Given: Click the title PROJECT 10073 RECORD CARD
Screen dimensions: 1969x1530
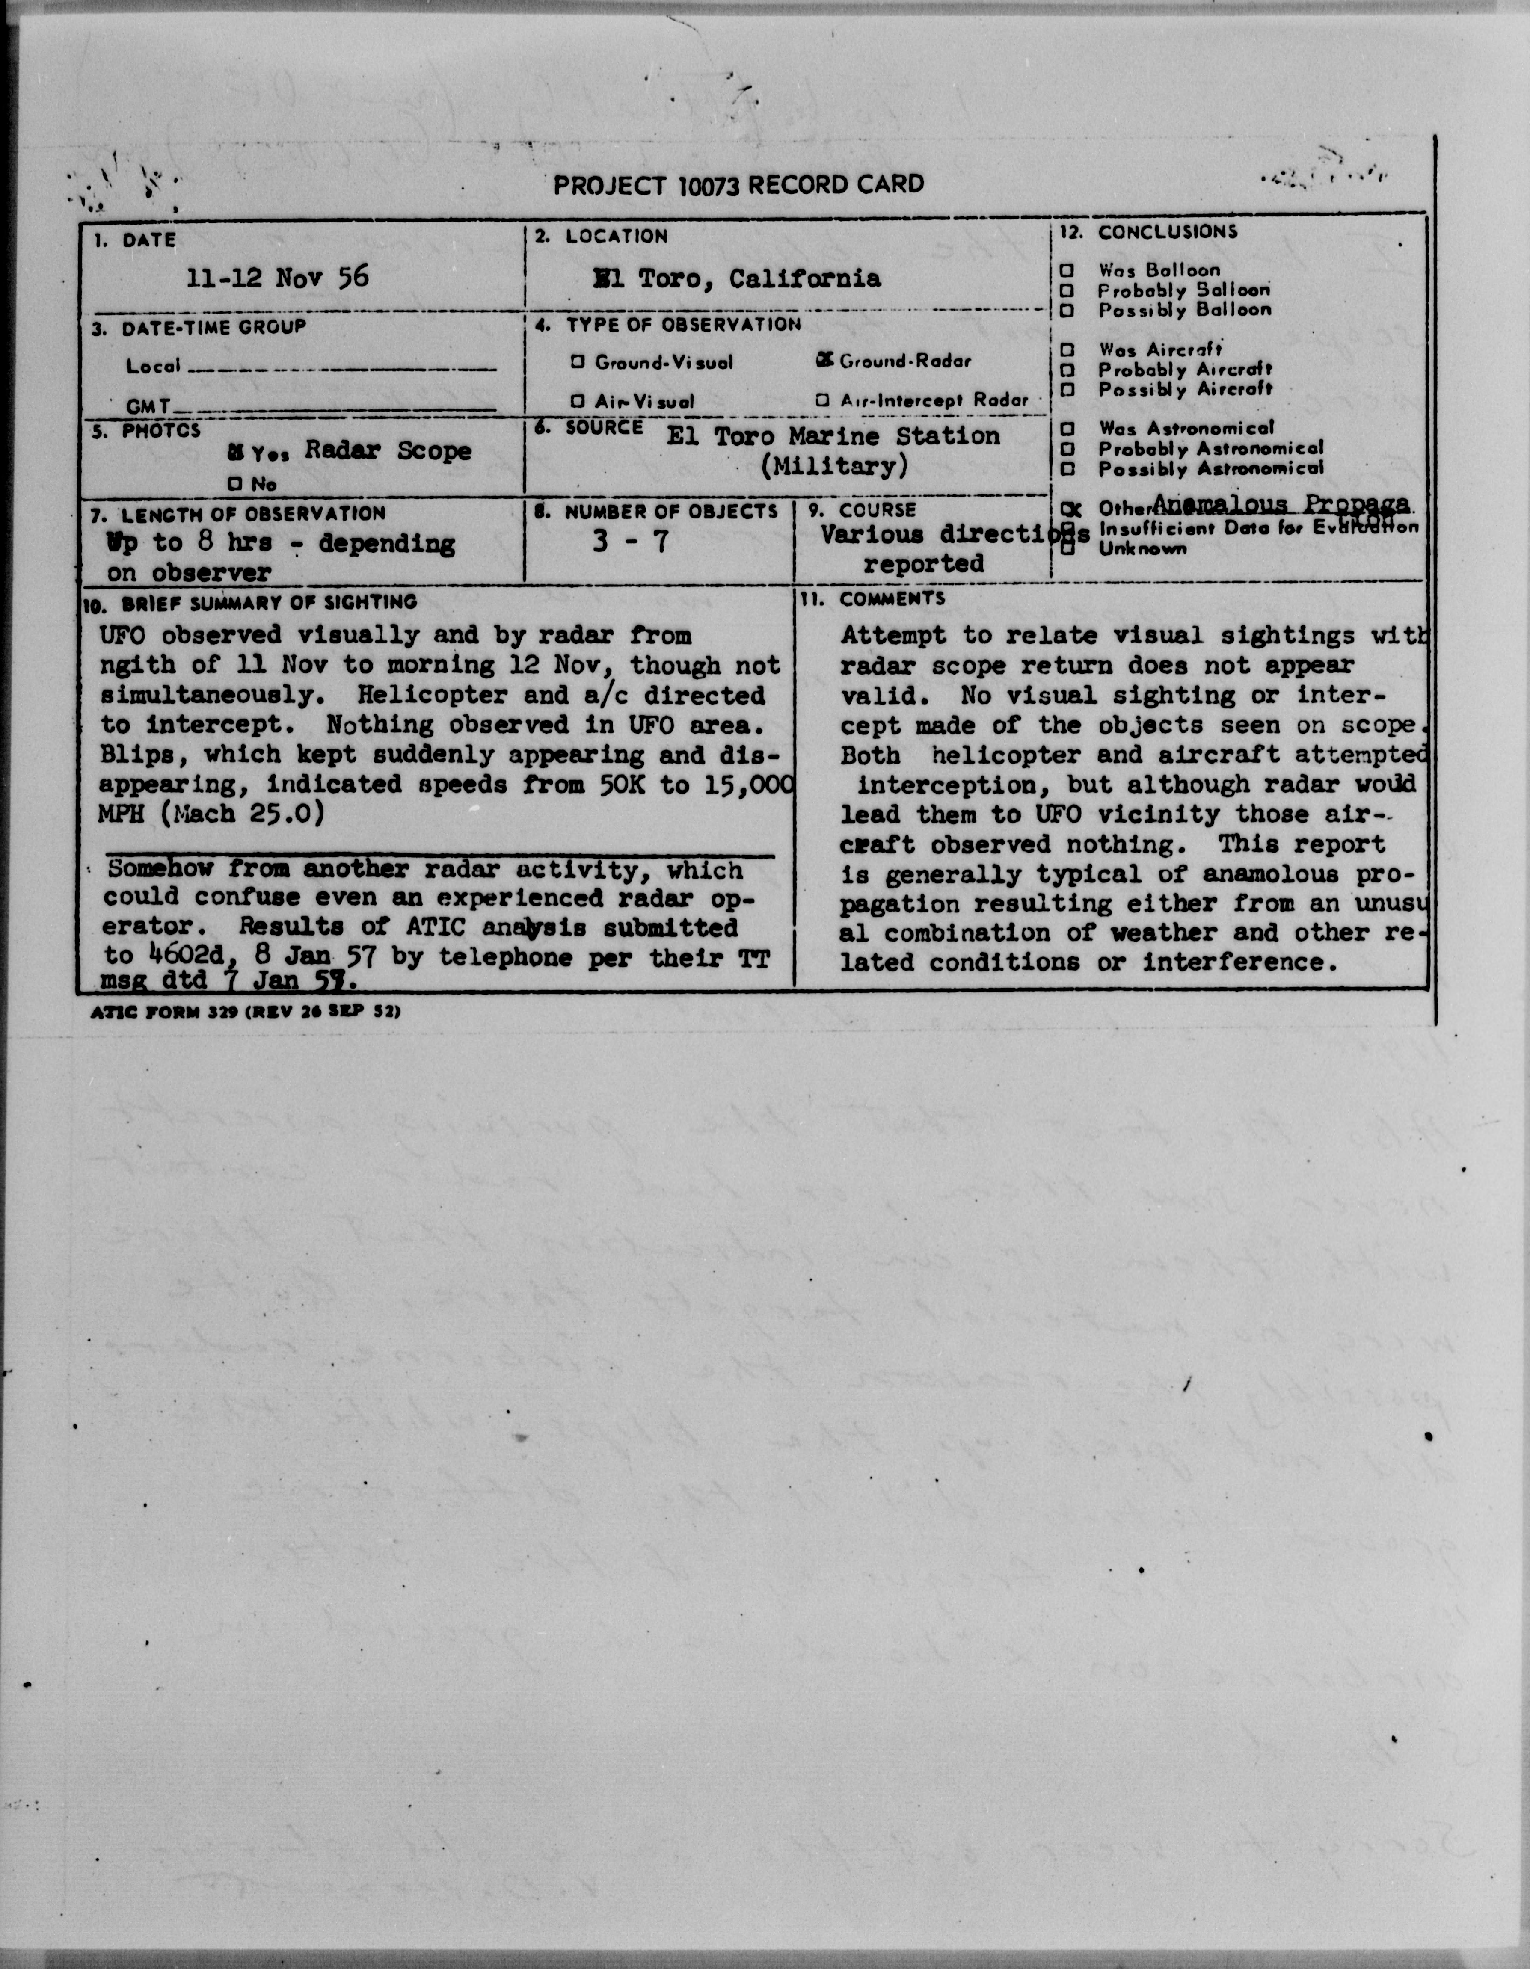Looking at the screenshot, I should [x=738, y=186].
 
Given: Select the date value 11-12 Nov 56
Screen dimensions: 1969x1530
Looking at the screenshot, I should [x=278, y=278].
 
